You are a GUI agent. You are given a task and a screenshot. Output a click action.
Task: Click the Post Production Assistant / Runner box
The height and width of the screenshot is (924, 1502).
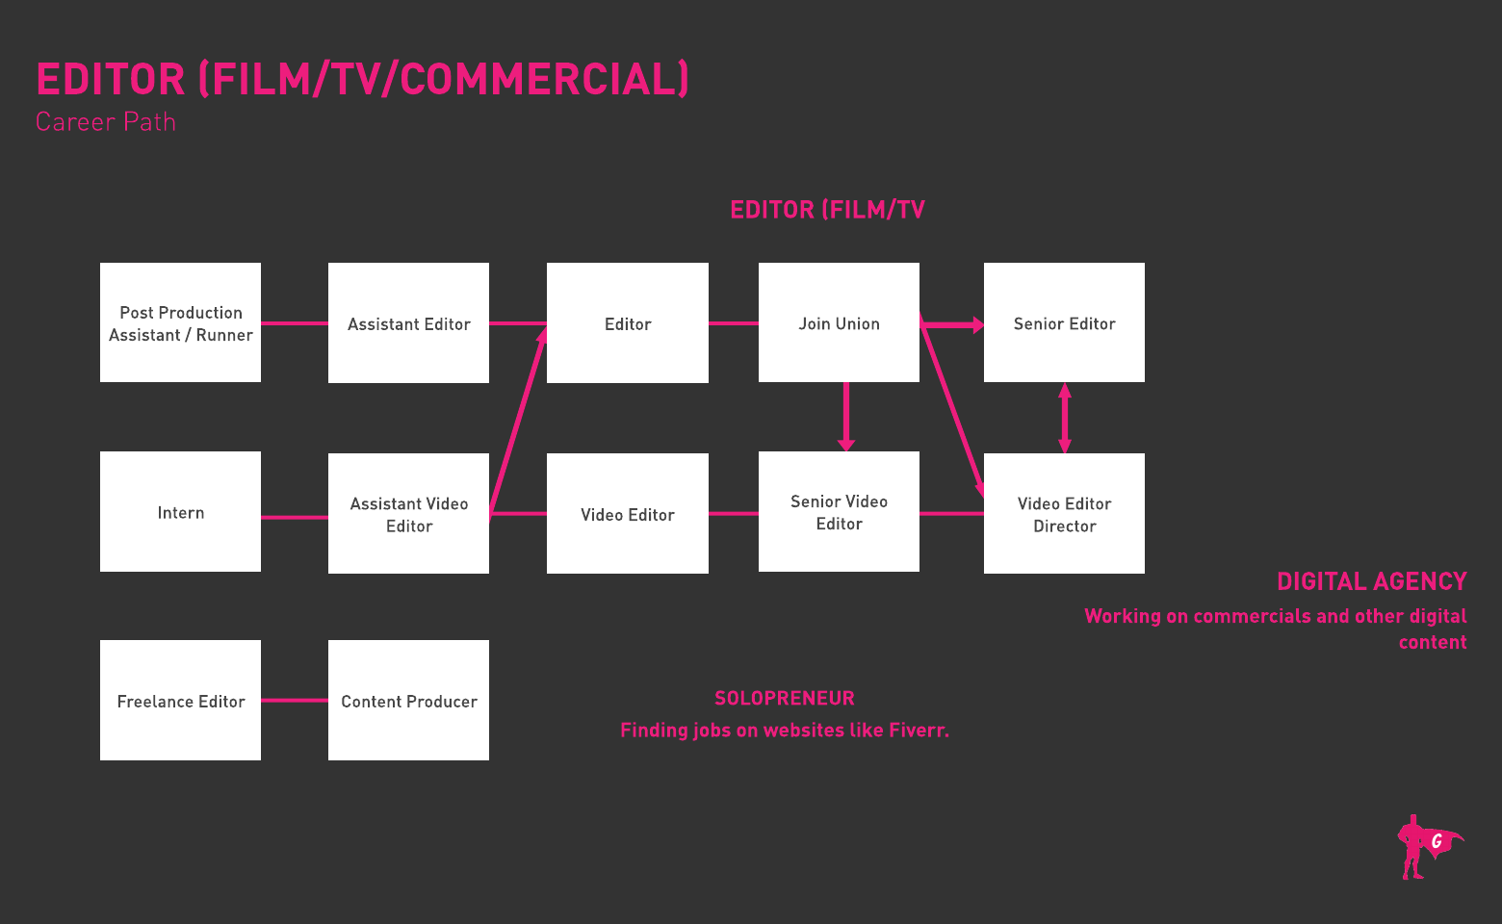coord(180,322)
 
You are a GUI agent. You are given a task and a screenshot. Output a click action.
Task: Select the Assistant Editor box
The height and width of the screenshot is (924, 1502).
coord(408,322)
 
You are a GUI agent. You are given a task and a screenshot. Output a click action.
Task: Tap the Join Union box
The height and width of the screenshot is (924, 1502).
coord(839,322)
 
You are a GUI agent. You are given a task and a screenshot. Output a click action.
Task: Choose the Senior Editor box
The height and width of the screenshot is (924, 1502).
coord(1064,322)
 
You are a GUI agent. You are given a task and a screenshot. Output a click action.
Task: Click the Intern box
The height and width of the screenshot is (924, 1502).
coord(180,511)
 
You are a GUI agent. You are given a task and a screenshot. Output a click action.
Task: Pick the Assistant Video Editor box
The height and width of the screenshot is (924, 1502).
coord(408,513)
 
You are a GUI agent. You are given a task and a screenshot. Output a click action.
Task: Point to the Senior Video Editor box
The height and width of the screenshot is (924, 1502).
coord(839,511)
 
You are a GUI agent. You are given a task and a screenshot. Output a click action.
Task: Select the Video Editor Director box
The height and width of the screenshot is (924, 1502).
coord(1064,513)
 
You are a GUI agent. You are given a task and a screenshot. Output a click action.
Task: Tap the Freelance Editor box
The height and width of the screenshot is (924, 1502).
coord(180,700)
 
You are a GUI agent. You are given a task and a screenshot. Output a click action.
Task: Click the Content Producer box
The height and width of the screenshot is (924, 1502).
coord(408,700)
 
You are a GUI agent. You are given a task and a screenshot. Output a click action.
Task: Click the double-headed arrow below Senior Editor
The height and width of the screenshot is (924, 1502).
coord(1064,418)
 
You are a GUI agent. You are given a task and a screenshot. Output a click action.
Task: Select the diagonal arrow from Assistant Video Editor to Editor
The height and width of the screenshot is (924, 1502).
coord(518,420)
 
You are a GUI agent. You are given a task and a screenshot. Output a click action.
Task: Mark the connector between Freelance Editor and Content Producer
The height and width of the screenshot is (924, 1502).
coord(294,700)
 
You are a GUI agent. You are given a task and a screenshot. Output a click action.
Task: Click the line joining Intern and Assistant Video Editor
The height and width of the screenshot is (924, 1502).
coord(294,517)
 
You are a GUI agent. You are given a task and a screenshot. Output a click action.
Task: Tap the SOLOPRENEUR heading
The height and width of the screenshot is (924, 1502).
coord(784,698)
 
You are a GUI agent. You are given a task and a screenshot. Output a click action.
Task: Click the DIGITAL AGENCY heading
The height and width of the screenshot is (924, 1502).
coord(1371,581)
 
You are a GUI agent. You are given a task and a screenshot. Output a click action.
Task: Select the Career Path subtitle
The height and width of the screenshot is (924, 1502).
coord(106,122)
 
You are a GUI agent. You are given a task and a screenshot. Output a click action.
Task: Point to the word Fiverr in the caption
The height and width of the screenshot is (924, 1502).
coord(918,730)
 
